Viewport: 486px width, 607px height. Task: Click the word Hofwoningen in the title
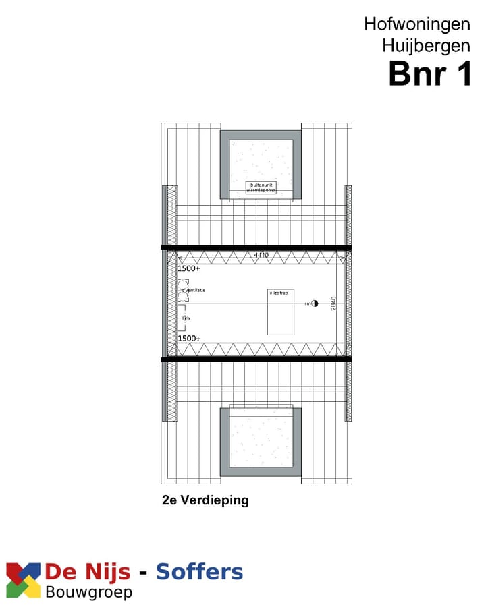[417, 24]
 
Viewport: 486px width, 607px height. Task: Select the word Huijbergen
[426, 46]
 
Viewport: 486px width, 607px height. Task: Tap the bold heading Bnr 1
[430, 74]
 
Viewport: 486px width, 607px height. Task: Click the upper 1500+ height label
[188, 268]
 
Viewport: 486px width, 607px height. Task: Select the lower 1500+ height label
[188, 338]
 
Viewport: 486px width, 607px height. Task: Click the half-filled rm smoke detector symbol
[314, 303]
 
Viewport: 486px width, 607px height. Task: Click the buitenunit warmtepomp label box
[261, 187]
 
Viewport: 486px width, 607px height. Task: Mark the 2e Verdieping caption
[205, 500]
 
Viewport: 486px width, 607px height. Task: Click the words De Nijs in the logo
[88, 573]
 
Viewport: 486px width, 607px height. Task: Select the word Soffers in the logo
[199, 573]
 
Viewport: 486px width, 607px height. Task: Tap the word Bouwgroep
[88, 593]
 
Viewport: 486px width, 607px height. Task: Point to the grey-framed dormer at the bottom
[261, 442]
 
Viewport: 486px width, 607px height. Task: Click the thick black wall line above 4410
[256, 248]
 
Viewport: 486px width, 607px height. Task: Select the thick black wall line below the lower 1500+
[256, 359]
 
